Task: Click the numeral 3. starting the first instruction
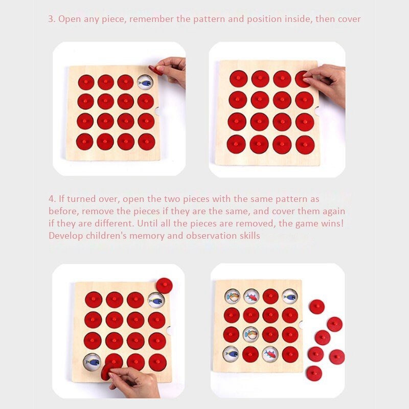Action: (52, 19)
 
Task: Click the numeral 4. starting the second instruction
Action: (52, 199)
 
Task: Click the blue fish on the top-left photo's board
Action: (145, 83)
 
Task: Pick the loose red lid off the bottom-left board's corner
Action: (164, 286)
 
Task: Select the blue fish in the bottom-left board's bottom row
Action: (93, 362)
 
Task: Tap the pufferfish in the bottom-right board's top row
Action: (233, 297)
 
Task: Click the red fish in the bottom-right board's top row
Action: (251, 297)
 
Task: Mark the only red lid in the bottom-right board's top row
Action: (270, 297)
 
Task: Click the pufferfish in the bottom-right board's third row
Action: (251, 334)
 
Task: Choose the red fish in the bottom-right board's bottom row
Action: (270, 354)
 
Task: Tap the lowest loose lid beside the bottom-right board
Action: (314, 374)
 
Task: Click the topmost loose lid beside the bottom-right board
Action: (317, 307)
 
